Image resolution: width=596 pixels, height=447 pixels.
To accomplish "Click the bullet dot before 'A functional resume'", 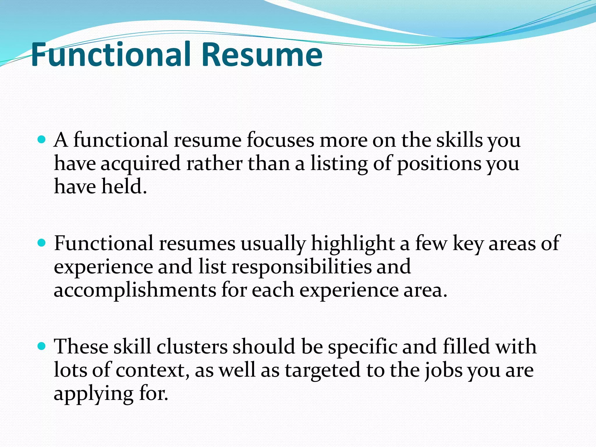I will [x=42, y=140].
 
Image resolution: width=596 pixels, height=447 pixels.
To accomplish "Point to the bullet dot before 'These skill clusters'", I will [x=42, y=346].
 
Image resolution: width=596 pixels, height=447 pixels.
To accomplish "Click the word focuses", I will [x=280, y=140].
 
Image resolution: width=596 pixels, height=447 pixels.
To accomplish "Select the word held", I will [x=124, y=187].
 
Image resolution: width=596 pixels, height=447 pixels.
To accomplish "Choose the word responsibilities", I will [x=301, y=267].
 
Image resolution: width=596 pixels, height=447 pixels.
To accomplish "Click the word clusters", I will [x=192, y=347].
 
